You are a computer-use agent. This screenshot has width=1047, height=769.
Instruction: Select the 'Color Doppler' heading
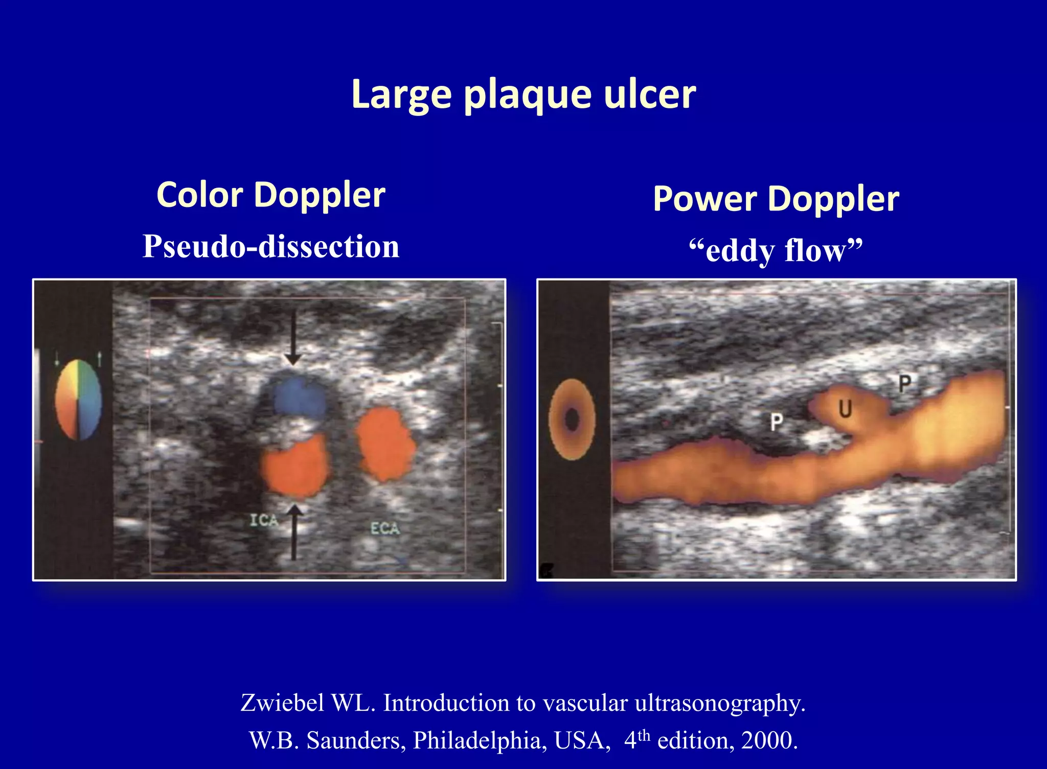[x=271, y=195]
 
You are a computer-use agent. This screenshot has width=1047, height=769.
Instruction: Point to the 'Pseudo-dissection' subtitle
[x=271, y=246]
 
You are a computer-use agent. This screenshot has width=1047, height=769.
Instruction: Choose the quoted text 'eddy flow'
[x=776, y=250]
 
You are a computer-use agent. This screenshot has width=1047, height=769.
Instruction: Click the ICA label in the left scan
[x=264, y=521]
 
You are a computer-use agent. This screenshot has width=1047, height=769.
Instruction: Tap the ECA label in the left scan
[x=385, y=528]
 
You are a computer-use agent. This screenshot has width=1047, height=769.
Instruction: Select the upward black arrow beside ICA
[x=294, y=531]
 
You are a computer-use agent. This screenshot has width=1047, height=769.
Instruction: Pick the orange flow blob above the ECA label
[x=386, y=445]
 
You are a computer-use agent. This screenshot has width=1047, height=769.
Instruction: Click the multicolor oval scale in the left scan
[x=78, y=400]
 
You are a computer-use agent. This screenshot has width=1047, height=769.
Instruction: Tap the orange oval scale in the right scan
[x=572, y=420]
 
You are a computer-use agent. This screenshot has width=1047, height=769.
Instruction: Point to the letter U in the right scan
[x=846, y=408]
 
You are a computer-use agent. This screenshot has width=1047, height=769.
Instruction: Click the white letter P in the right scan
[x=777, y=422]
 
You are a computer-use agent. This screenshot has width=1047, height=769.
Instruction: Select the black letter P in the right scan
[x=905, y=383]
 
